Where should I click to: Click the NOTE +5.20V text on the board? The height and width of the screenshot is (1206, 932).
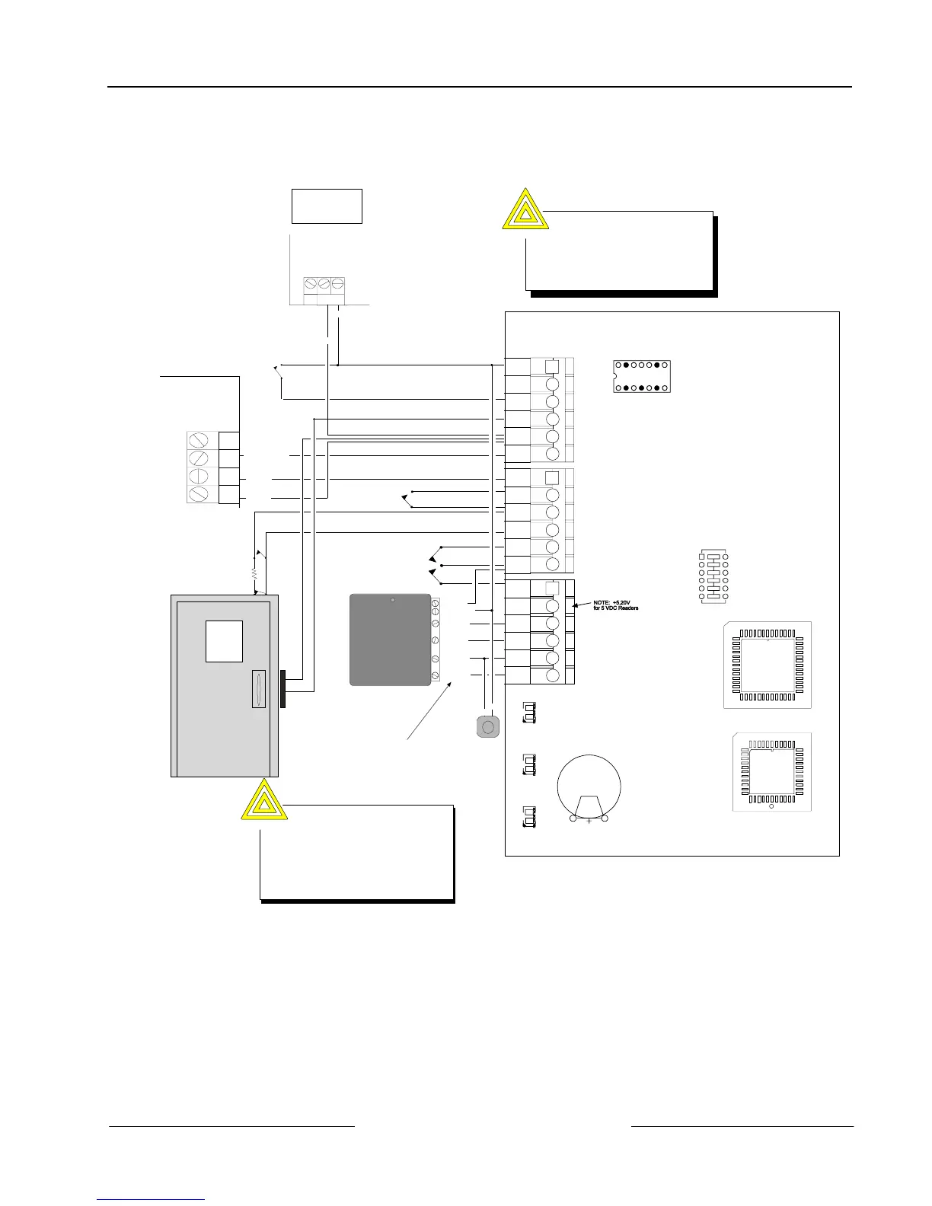click(x=615, y=605)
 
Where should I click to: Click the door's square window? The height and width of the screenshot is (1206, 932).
click(x=224, y=641)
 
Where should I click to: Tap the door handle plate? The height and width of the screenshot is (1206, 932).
click(x=259, y=690)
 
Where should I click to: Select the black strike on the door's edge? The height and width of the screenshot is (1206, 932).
click(x=283, y=688)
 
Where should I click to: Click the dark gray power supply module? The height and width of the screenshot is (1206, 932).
click(x=390, y=640)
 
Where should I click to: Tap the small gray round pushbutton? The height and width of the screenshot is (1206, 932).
click(x=488, y=726)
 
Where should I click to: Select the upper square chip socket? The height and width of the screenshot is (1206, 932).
click(x=767, y=665)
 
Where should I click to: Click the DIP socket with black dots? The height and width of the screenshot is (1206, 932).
click(x=641, y=376)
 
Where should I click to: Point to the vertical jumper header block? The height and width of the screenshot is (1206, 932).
click(x=713, y=577)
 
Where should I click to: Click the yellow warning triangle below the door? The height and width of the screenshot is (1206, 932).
click(x=263, y=800)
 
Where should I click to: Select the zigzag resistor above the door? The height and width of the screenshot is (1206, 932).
click(x=254, y=569)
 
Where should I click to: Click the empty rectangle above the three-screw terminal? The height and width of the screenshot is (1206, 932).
click(x=327, y=206)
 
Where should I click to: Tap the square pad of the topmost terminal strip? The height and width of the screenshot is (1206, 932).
click(x=553, y=365)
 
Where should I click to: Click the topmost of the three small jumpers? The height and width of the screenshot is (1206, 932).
click(x=528, y=713)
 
